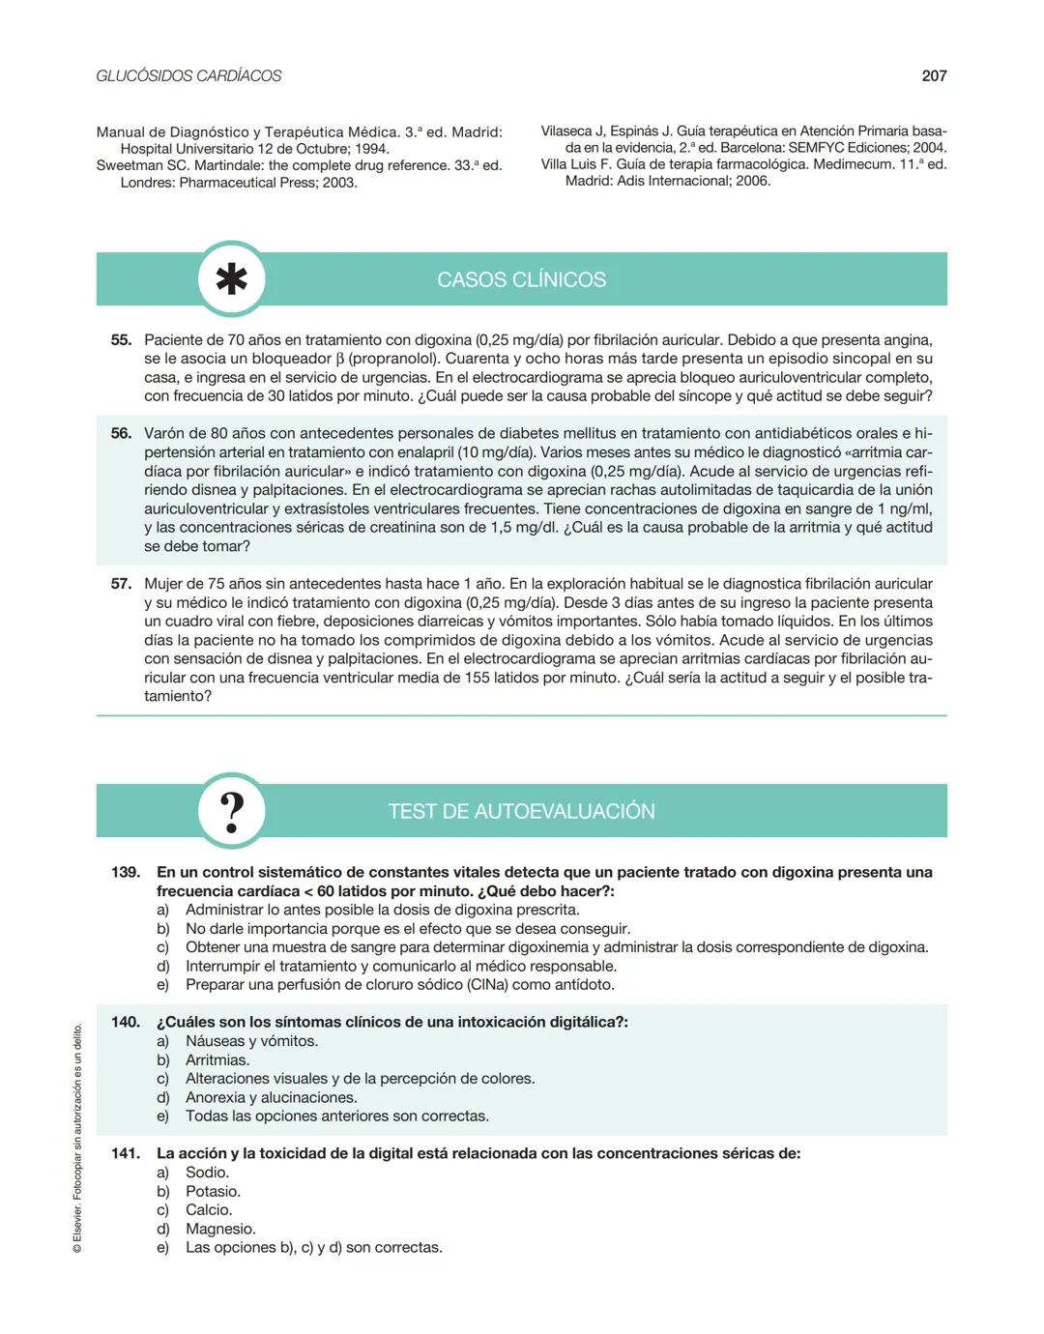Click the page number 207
(934, 75)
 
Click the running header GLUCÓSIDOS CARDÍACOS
(188, 75)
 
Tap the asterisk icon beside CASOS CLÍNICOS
(231, 279)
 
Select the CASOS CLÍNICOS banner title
(521, 279)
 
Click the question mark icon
(231, 811)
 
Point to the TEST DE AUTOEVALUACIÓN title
(521, 811)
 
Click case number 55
(121, 340)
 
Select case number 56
(121, 433)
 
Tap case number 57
(121, 584)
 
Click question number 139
(126, 872)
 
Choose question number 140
(126, 1022)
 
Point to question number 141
(126, 1153)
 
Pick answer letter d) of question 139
(163, 966)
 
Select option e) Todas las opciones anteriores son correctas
(336, 1116)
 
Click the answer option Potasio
(213, 1191)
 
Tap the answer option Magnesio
(220, 1229)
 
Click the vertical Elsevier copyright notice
(77, 1141)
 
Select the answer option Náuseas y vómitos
(251, 1041)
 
